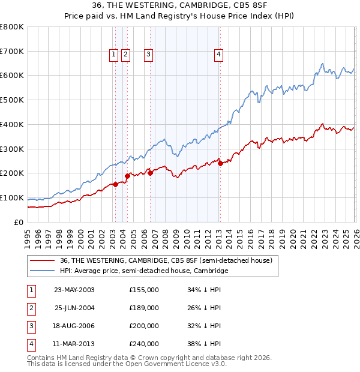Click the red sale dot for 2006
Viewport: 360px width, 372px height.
(150, 173)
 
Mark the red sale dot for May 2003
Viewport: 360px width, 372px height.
(115, 184)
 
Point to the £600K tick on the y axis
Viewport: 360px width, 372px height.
(12, 76)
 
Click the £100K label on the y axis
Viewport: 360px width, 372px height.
(12, 197)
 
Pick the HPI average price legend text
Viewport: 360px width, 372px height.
(144, 271)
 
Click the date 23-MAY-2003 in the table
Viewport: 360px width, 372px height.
(74, 290)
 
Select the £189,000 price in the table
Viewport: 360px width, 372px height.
(144, 308)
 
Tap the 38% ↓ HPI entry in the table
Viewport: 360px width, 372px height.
(204, 344)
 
